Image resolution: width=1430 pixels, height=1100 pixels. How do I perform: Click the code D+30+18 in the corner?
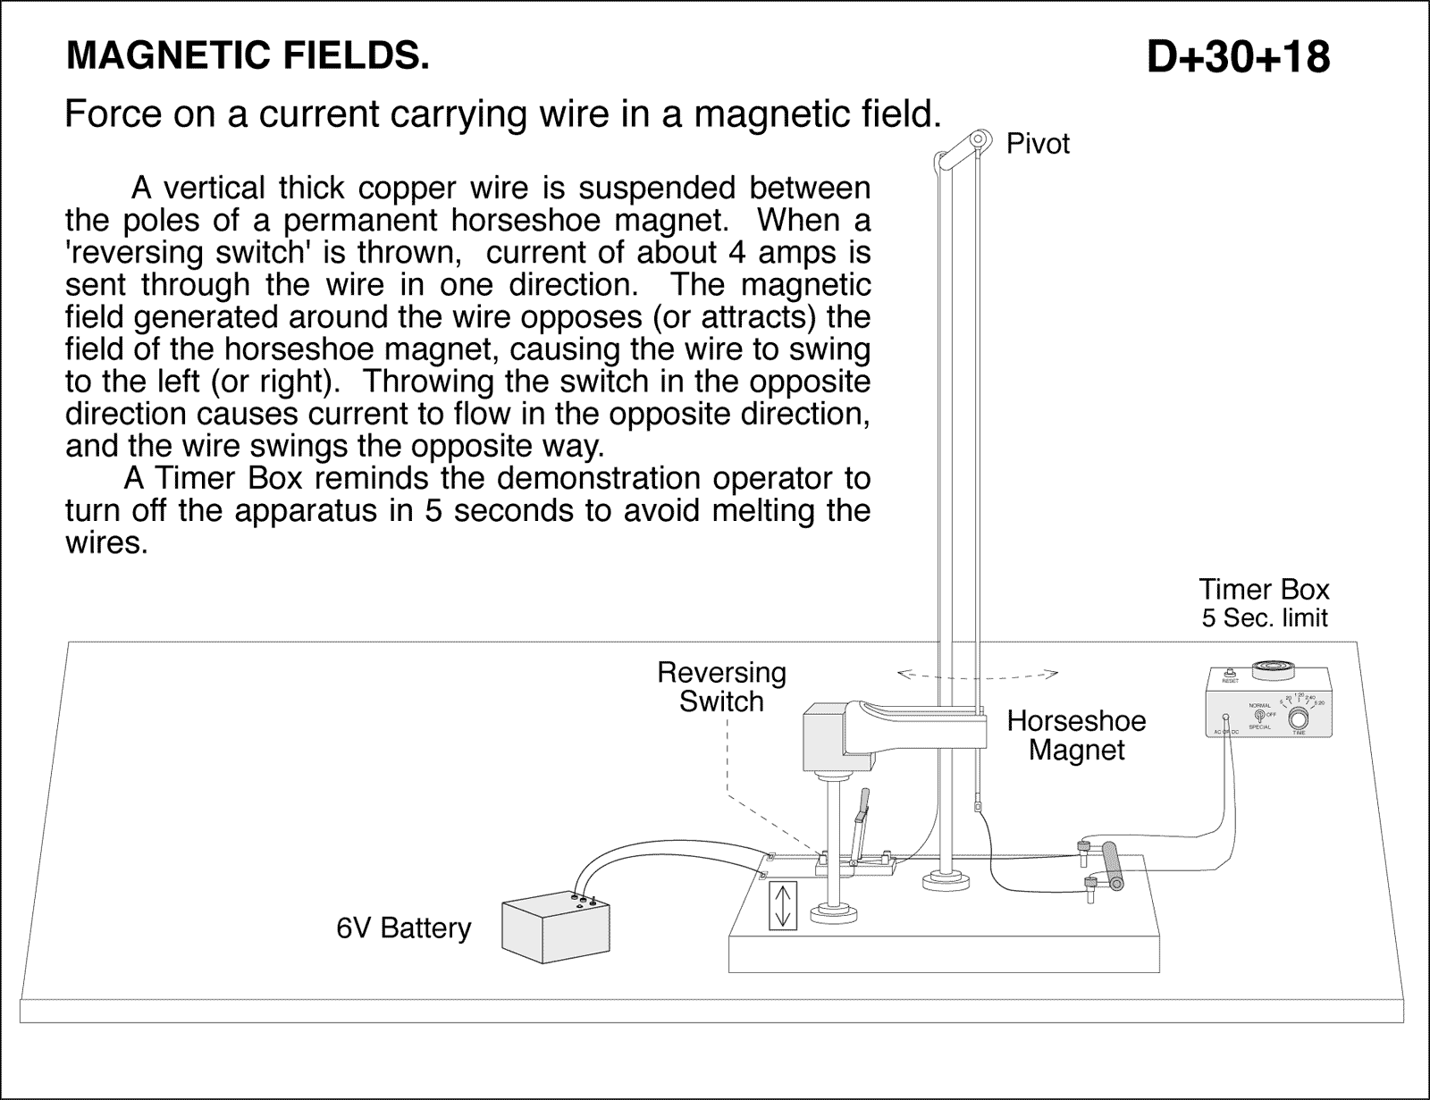click(x=1238, y=57)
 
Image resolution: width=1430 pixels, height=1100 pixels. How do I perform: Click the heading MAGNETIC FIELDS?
click(x=248, y=56)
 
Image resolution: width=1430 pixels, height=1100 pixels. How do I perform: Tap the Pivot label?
click(x=1038, y=144)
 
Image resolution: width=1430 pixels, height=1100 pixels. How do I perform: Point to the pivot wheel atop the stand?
click(x=980, y=139)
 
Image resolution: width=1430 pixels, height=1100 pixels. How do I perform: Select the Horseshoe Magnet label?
click(x=1076, y=735)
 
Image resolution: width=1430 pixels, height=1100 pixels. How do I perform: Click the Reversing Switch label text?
click(x=721, y=686)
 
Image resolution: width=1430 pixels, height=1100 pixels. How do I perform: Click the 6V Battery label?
click(x=403, y=928)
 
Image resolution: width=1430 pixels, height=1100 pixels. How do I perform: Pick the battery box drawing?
click(x=555, y=928)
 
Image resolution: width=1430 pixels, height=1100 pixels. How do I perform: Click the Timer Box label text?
click(x=1264, y=590)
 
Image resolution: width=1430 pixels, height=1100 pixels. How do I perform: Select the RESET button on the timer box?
click(x=1230, y=673)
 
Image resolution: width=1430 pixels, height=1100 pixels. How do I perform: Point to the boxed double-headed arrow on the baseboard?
click(x=782, y=905)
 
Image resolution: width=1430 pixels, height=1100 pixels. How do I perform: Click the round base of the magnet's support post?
click(x=833, y=913)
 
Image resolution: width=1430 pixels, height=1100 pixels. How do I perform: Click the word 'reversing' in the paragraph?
click(x=128, y=253)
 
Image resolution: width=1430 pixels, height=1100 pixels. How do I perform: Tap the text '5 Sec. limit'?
click(x=1264, y=617)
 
